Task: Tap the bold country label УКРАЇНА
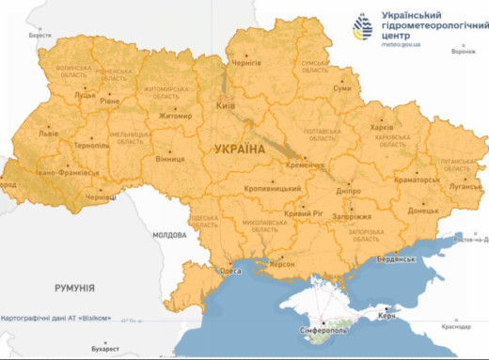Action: (x=241, y=149)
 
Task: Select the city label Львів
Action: (x=48, y=133)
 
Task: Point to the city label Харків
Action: (x=382, y=127)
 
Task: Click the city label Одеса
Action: (x=229, y=271)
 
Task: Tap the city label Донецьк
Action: (x=422, y=211)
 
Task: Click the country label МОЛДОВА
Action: (x=170, y=234)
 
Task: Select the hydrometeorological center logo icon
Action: (x=363, y=27)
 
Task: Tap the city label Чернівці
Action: (x=101, y=197)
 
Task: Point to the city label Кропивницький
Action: (x=260, y=188)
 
